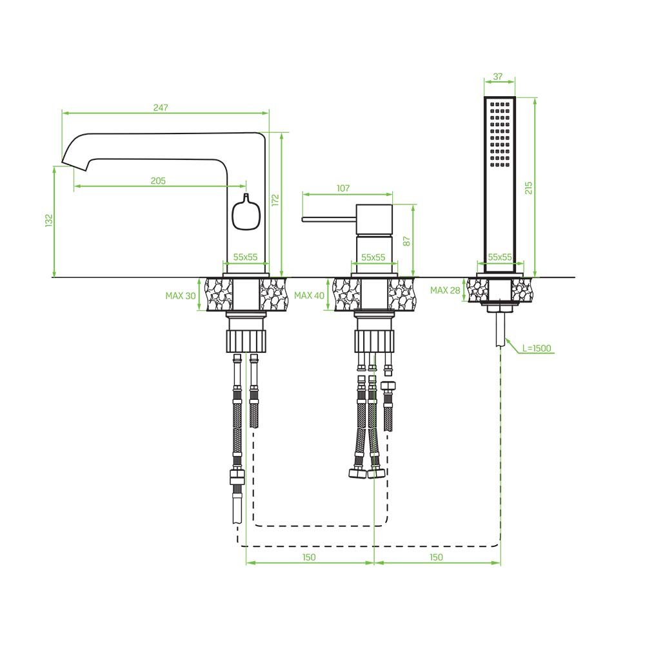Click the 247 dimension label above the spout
pyautogui.click(x=161, y=107)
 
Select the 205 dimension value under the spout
pyautogui.click(x=158, y=181)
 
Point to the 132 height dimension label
pyautogui.click(x=50, y=220)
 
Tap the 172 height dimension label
pyautogui.click(x=275, y=201)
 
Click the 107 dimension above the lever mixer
pyautogui.click(x=343, y=188)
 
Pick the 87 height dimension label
pyautogui.click(x=407, y=241)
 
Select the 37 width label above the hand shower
pyautogui.click(x=498, y=77)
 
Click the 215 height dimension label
pyautogui.click(x=529, y=188)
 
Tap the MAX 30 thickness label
pyautogui.click(x=181, y=295)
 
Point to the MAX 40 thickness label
pyautogui.click(x=310, y=295)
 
